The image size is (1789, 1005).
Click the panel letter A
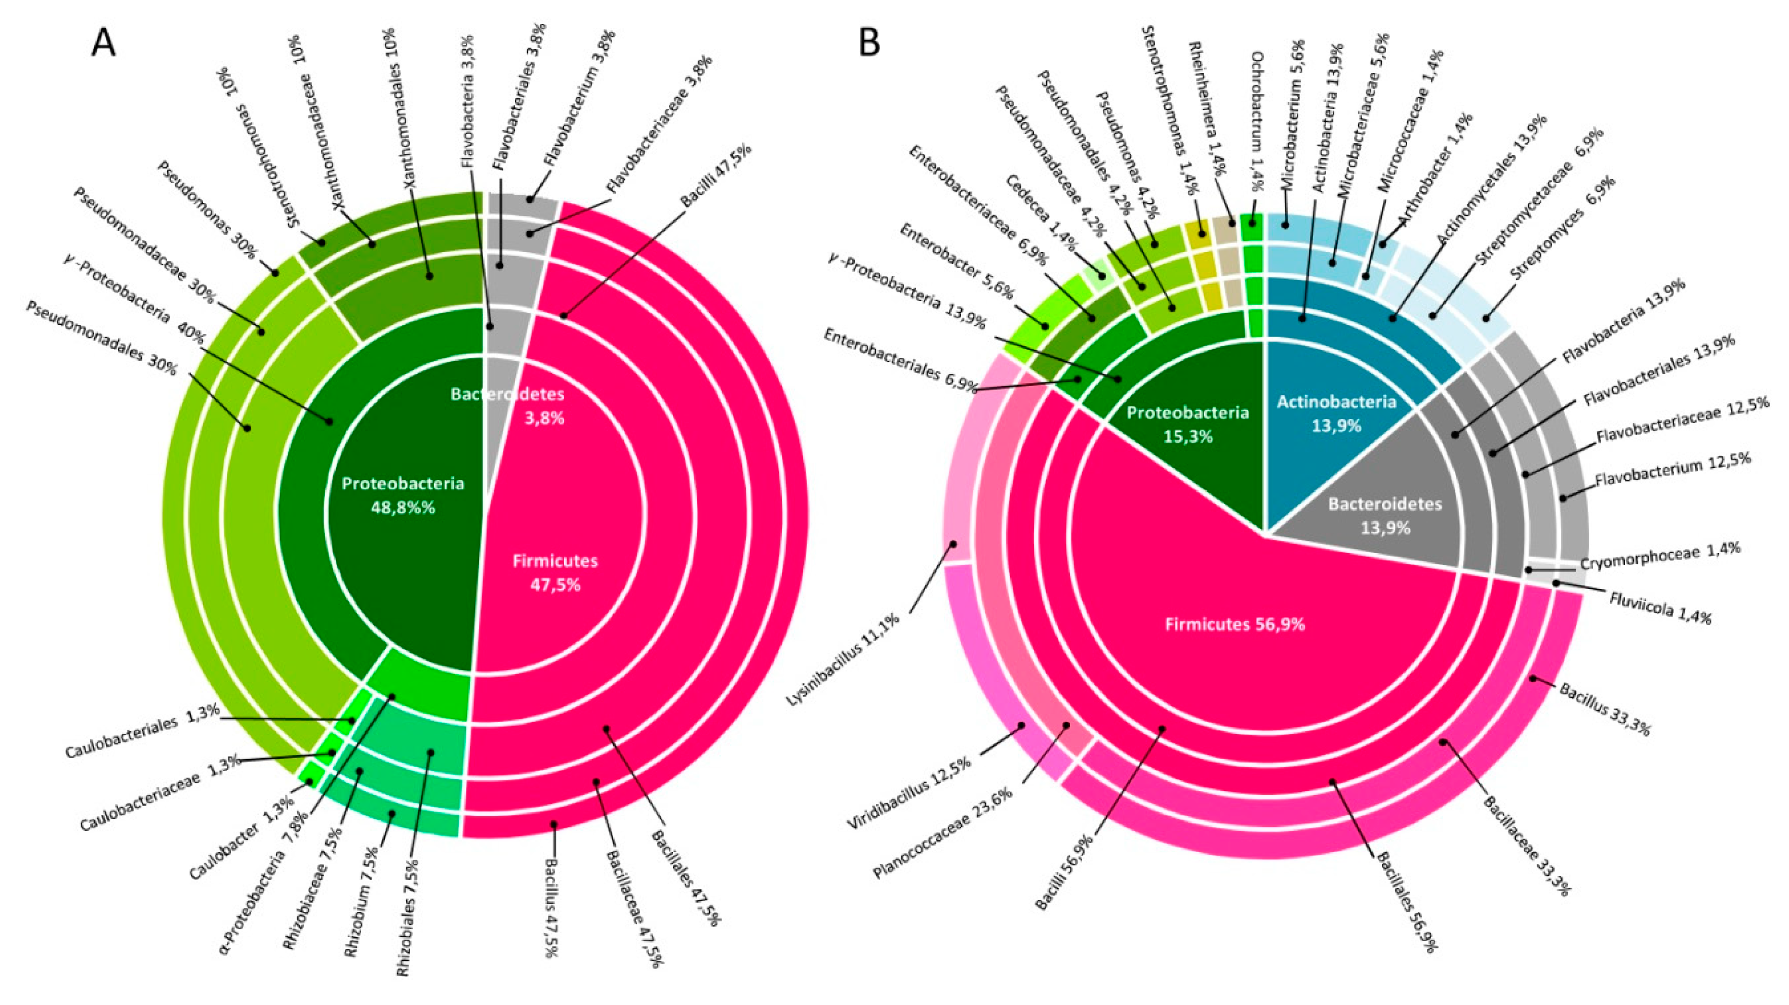point(103,44)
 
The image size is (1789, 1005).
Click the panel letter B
point(869,43)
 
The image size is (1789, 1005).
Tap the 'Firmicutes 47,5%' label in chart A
point(555,573)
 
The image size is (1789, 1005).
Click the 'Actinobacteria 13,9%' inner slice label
point(1336,413)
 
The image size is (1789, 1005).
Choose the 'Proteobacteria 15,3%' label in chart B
point(1187,424)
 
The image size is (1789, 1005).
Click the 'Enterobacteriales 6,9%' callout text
point(900,361)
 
